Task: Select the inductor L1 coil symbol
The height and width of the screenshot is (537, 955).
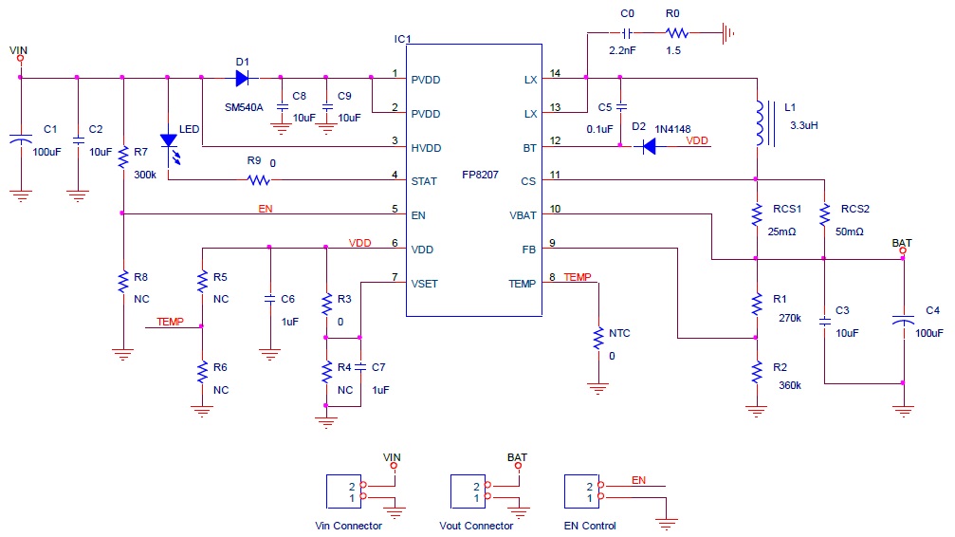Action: tap(758, 122)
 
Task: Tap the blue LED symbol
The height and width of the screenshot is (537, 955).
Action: tap(170, 141)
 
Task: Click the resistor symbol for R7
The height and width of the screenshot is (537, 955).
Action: tap(123, 157)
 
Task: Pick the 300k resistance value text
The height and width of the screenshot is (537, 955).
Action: tap(145, 175)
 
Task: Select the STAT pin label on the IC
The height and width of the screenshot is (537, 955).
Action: tap(424, 181)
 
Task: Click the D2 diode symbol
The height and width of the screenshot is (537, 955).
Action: tap(650, 146)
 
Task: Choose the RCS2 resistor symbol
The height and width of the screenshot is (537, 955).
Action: tap(824, 214)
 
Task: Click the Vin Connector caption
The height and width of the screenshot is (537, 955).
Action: tap(348, 526)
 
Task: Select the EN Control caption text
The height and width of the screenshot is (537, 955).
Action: tap(589, 526)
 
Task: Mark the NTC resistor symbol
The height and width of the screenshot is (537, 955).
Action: tap(597, 337)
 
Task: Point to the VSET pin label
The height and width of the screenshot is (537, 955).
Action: tap(425, 283)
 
